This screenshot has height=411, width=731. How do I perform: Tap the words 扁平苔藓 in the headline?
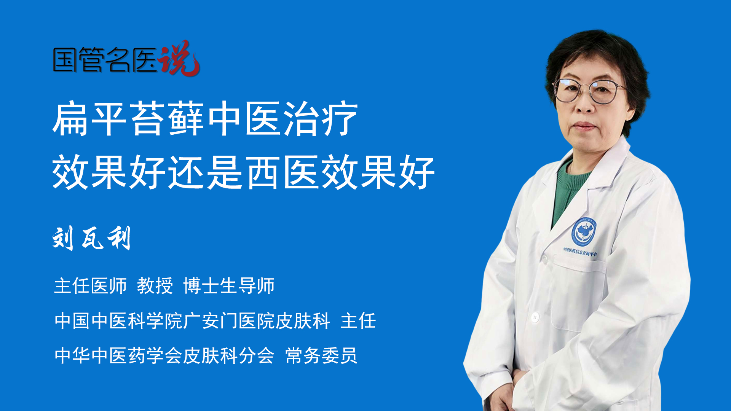point(128,119)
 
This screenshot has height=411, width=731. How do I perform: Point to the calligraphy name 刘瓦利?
point(92,238)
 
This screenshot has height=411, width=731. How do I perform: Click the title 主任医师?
point(90,286)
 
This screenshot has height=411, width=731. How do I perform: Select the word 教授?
point(155,286)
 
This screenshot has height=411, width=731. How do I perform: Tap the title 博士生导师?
point(229,286)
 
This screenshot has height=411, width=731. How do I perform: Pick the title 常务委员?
point(321,355)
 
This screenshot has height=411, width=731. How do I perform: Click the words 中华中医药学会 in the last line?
point(118,355)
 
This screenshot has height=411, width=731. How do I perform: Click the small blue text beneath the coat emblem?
point(580,252)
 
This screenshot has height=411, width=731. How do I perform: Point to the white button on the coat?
point(535,317)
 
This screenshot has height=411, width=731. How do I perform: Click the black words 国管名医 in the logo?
point(105,60)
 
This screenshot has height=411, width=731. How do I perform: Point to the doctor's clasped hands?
point(503,396)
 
